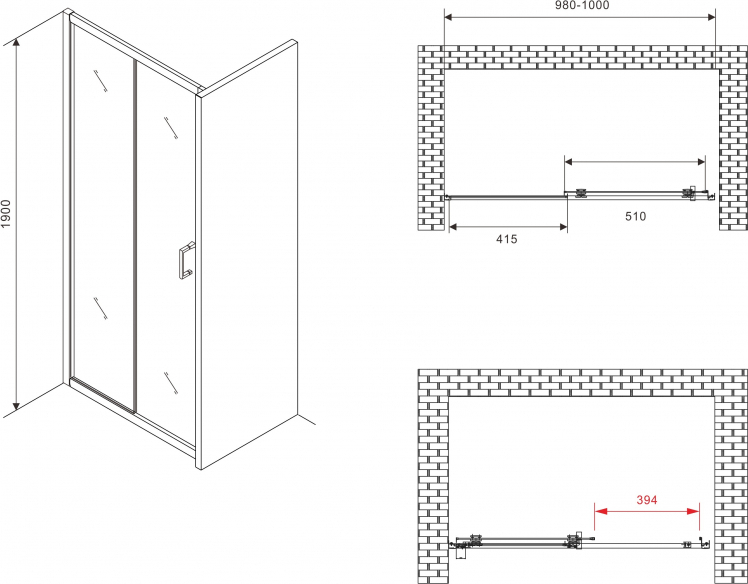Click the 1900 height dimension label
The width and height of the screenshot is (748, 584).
pyautogui.click(x=5, y=214)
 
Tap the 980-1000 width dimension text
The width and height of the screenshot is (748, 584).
pyautogui.click(x=582, y=5)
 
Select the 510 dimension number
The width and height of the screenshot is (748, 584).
pyautogui.click(x=635, y=217)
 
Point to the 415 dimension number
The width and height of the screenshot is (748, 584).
pyautogui.click(x=507, y=239)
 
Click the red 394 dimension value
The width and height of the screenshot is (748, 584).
pyautogui.click(x=647, y=500)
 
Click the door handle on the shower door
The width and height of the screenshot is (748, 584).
pyautogui.click(x=187, y=260)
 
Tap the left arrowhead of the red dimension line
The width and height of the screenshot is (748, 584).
pyautogui.click(x=600, y=511)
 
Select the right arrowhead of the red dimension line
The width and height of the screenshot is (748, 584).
pyautogui.click(x=693, y=511)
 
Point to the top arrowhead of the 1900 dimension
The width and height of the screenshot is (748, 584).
pyautogui.click(x=16, y=44)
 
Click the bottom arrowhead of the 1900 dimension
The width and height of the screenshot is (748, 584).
pyautogui.click(x=16, y=406)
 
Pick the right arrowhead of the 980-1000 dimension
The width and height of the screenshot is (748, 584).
pyautogui.click(x=710, y=18)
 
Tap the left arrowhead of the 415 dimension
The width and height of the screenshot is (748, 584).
pyautogui.click(x=455, y=227)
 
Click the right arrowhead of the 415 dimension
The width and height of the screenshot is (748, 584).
pyautogui.click(x=561, y=227)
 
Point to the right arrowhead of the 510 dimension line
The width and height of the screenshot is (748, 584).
pyautogui.click(x=699, y=162)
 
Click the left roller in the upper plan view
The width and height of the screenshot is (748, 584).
pyautogui.click(x=582, y=192)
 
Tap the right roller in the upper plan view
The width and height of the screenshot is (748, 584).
pyautogui.click(x=688, y=192)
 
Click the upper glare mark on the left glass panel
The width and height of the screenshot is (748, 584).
pyautogui.click(x=100, y=80)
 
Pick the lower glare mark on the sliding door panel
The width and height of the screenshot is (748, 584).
pyautogui.click(x=171, y=384)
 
